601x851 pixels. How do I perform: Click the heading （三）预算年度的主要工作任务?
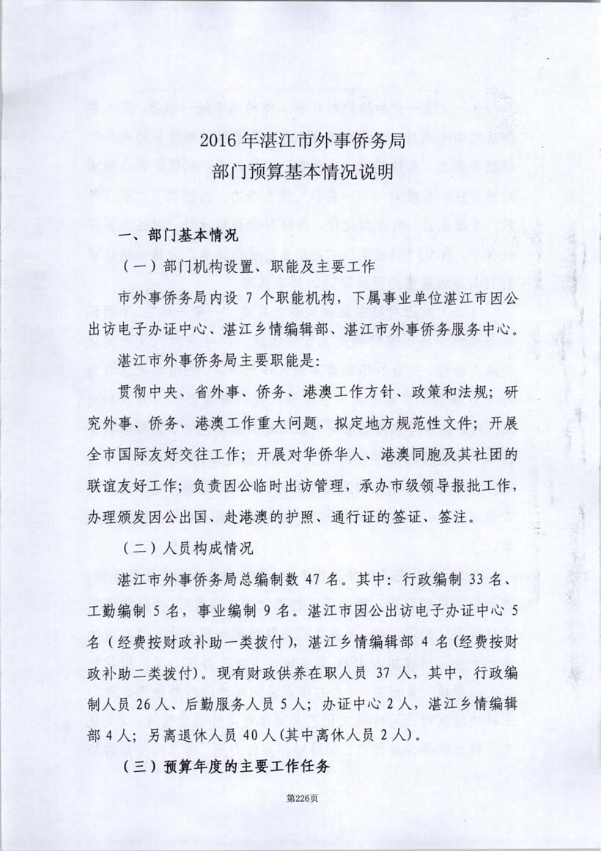225,766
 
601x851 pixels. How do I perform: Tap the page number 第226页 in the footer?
300,814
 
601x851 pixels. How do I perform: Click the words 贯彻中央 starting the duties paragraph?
150,391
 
